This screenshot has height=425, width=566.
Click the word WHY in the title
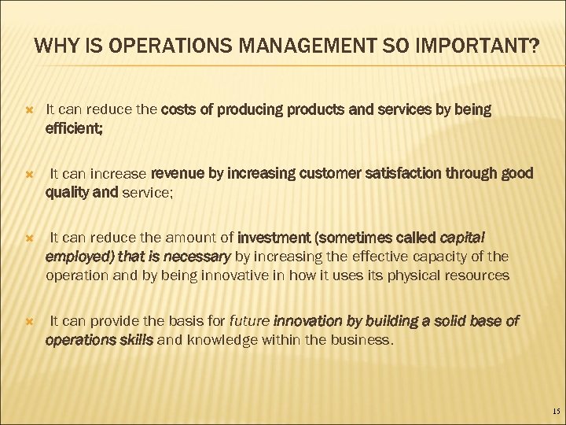pyautogui.click(x=54, y=48)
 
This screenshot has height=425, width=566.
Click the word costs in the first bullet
pyautogui.click(x=179, y=109)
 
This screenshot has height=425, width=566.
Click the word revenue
pyautogui.click(x=177, y=173)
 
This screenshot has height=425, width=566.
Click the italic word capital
pyautogui.click(x=462, y=237)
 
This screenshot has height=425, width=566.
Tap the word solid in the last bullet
pyautogui.click(x=426, y=321)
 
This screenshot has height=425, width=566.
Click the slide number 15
pyautogui.click(x=556, y=412)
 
